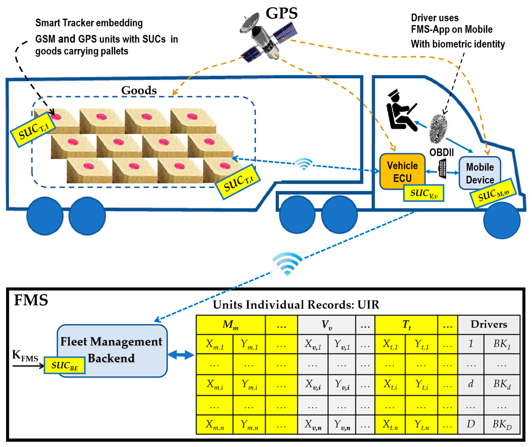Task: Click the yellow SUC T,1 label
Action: (33, 130)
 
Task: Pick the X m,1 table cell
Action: (214, 344)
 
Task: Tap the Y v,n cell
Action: (341, 425)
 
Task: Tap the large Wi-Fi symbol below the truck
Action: (287, 264)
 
